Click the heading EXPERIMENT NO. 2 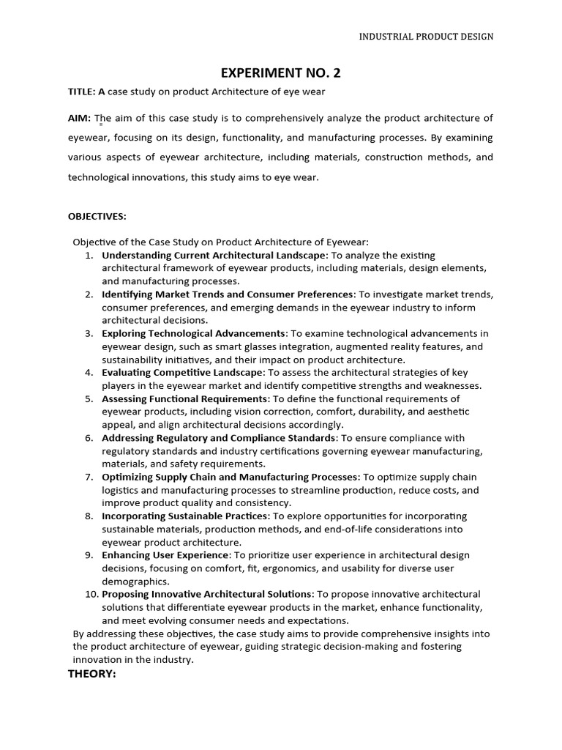[x=281, y=73]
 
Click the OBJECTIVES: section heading [x=97, y=216]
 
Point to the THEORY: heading [x=92, y=674]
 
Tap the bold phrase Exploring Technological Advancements [x=193, y=334]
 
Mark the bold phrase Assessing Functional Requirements [x=184, y=399]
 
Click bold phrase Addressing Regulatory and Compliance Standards [x=219, y=438]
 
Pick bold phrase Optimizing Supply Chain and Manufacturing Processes [x=230, y=477]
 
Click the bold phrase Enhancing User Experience [x=165, y=555]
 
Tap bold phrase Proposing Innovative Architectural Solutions [x=207, y=594]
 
